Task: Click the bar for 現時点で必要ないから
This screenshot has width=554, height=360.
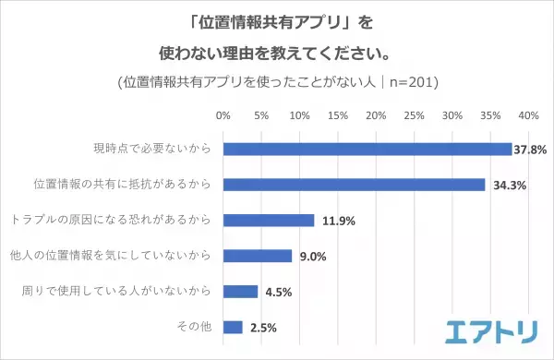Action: [367, 149]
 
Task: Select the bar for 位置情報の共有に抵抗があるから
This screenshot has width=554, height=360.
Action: [354, 184]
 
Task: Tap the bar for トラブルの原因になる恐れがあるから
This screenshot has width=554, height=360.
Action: [268, 220]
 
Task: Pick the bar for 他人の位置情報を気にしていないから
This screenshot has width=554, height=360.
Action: [257, 256]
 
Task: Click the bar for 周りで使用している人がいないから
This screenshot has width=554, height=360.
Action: [240, 291]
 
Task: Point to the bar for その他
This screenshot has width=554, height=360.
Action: [232, 327]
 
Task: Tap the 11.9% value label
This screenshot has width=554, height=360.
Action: [337, 221]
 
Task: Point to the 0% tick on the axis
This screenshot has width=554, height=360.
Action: [223, 116]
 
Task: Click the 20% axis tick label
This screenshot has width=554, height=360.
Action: [375, 116]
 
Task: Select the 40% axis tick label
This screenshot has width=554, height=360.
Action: [528, 116]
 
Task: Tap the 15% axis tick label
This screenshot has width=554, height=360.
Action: [337, 116]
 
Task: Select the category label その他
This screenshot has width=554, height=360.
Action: [194, 327]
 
